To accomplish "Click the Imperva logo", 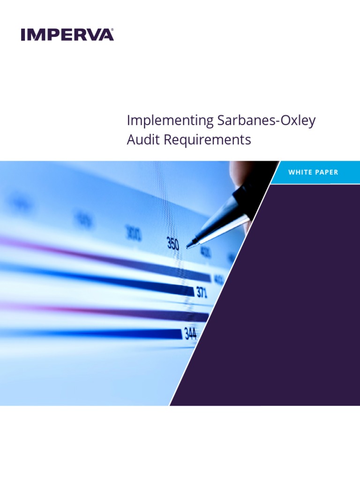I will [x=67, y=35].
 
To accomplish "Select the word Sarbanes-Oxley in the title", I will [x=266, y=120].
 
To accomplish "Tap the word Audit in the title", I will [x=141, y=140].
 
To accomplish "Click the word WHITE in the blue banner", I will [x=300, y=172].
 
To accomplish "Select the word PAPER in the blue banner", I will [x=327, y=172].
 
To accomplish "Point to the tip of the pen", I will [x=188, y=245].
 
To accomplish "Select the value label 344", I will [x=190, y=333].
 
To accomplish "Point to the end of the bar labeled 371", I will [x=193, y=292].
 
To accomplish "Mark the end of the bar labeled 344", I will [x=181, y=334].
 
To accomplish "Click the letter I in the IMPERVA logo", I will [x=23, y=35].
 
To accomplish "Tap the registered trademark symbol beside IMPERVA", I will [x=112, y=30].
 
